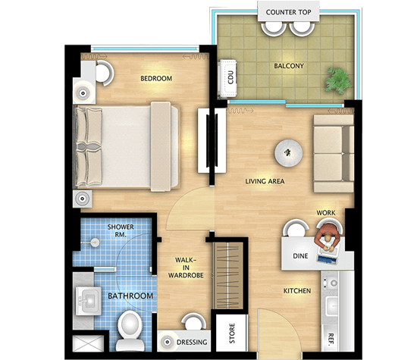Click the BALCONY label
coord(289,66)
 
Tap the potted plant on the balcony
coord(339,81)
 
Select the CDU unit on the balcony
coord(227,80)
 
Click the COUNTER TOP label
coord(289,12)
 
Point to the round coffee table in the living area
coord(289,153)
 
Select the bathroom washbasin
coord(88,301)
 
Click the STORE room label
coord(232,333)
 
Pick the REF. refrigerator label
coord(331,339)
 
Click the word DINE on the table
coord(300,255)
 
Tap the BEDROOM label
coord(156,78)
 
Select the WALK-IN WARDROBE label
coord(186,268)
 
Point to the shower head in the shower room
coord(94,243)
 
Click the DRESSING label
coord(192,342)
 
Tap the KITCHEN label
coord(297,291)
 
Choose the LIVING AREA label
coord(265,181)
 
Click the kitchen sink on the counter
coord(332,305)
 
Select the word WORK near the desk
coord(326,213)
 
